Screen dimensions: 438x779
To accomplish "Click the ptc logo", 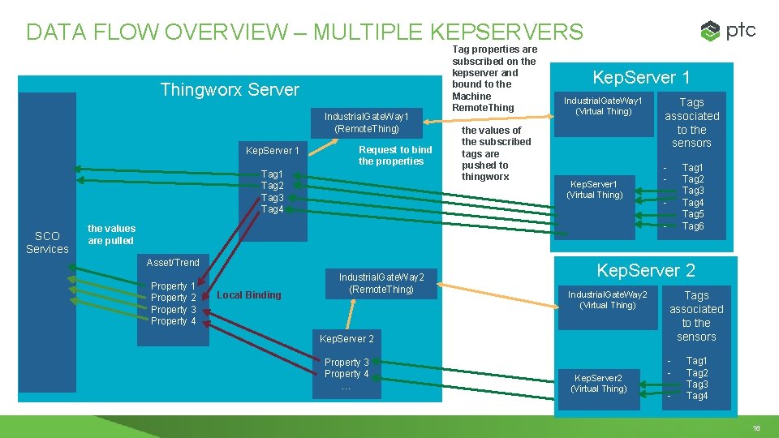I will [x=728, y=31].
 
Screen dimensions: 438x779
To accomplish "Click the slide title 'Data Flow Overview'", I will [x=304, y=32].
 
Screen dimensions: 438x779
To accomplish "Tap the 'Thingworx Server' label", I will [x=230, y=89].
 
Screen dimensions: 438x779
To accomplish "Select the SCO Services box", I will [x=47, y=243].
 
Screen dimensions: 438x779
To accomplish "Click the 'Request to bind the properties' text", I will [x=395, y=155].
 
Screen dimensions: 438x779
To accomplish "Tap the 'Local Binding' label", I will [x=249, y=295].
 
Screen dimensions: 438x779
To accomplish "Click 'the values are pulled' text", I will [x=112, y=234].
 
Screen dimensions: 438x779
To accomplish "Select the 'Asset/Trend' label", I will [x=173, y=263].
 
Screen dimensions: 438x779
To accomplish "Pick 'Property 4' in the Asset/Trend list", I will [x=174, y=321].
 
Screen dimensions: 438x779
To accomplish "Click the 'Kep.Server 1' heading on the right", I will [x=641, y=78].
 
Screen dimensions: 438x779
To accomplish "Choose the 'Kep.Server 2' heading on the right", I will [x=646, y=270].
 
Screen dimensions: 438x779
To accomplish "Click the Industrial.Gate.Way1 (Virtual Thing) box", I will [x=603, y=105].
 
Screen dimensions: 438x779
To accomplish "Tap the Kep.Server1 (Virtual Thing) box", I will [x=595, y=189].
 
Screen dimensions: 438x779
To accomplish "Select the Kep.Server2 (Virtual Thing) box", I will [x=598, y=383].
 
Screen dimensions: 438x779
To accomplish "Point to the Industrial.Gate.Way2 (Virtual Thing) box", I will [x=607, y=299].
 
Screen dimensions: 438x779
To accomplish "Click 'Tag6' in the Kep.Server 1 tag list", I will [x=693, y=226].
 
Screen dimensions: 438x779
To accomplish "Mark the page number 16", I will [x=756, y=427].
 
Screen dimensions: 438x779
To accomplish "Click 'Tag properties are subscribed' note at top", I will [x=494, y=79].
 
